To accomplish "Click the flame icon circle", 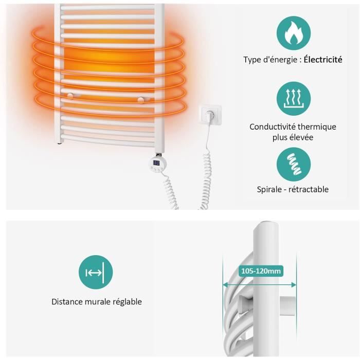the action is (x=294, y=33).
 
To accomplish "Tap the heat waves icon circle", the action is (x=294, y=99).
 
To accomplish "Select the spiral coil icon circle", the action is (x=294, y=165).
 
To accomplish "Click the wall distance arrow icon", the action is (x=96, y=272).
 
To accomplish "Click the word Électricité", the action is (x=323, y=60).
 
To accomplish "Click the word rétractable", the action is (x=309, y=189).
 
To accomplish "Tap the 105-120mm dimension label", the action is (x=261, y=271).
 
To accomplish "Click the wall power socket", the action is (x=210, y=115).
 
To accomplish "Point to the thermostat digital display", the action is (x=156, y=163).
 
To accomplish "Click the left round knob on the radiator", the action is (x=70, y=96).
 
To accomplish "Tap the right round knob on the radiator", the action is (x=141, y=99).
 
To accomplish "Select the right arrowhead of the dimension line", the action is (x=294, y=285).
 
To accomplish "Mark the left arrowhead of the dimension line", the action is (x=226, y=285).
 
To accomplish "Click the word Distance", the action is (x=67, y=302).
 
